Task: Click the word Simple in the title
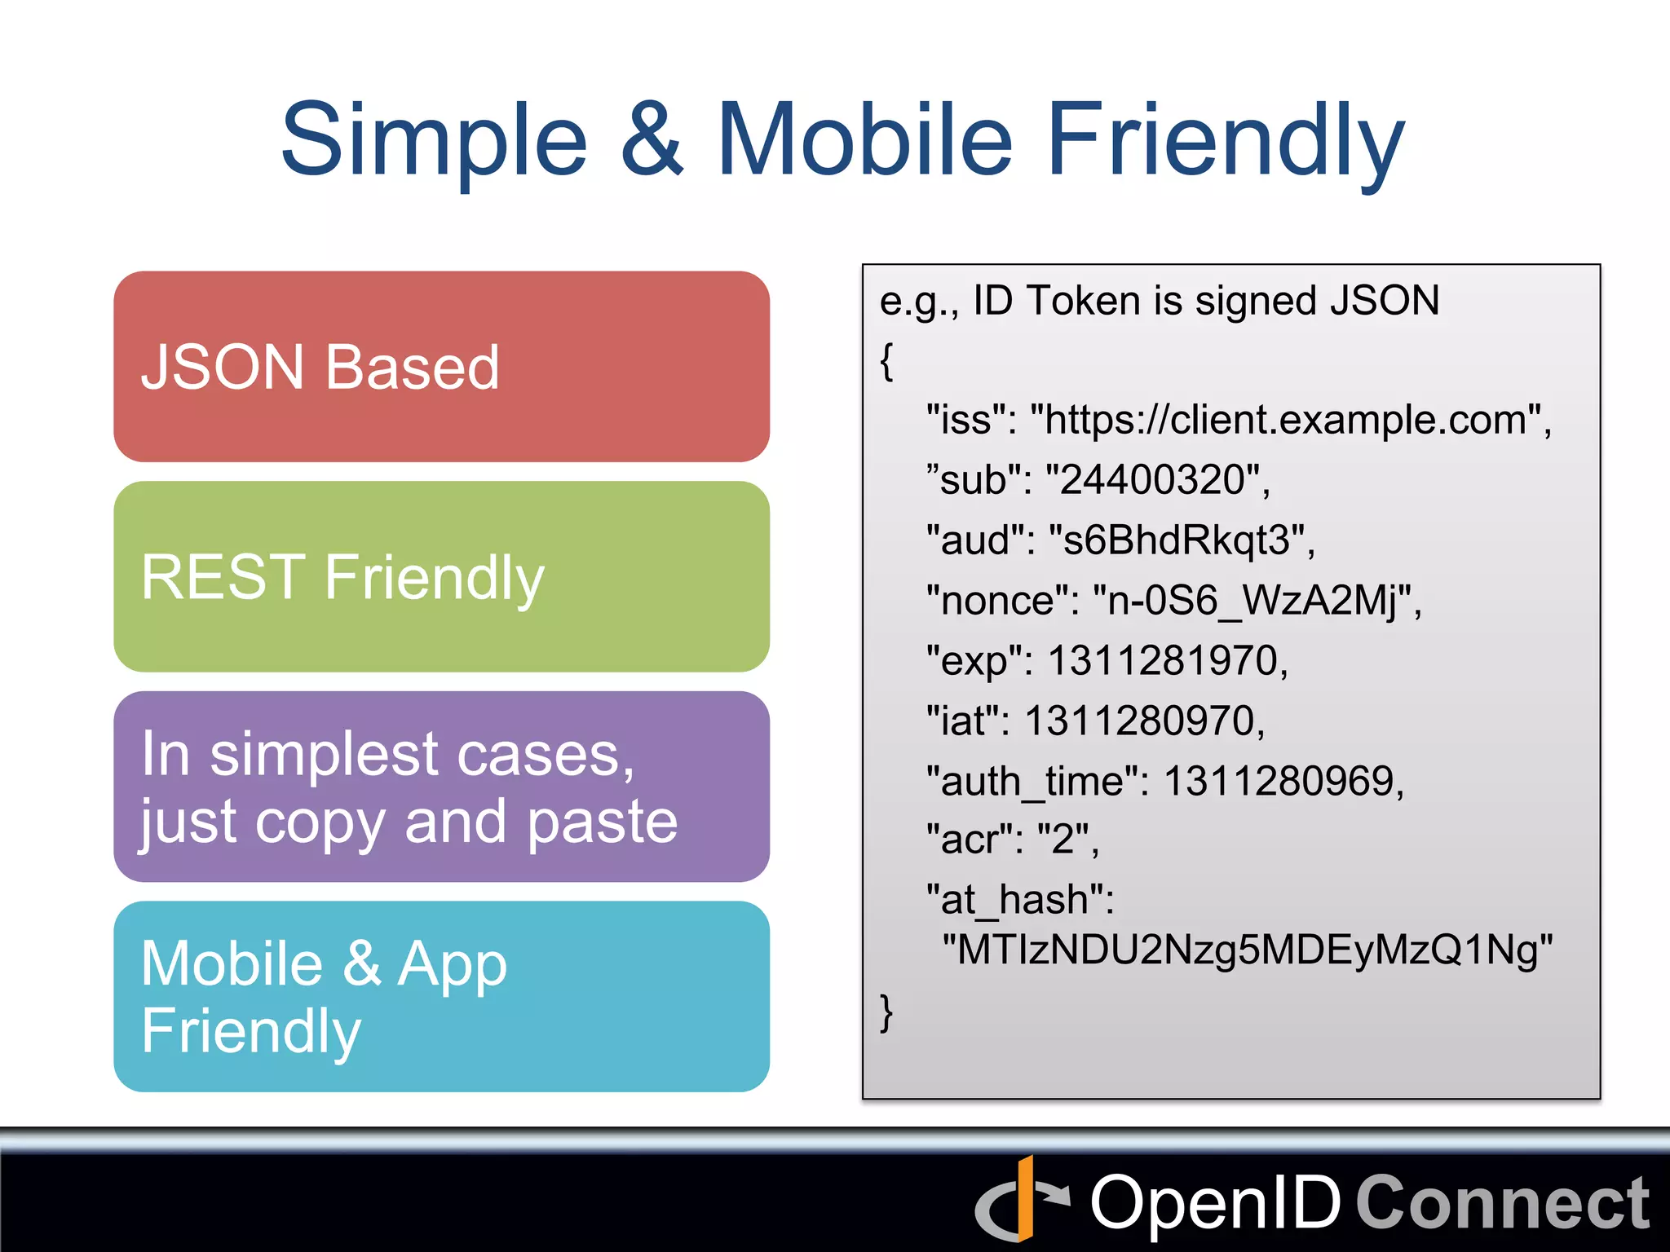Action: pyautogui.click(x=434, y=140)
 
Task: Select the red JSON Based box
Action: pyautogui.click(x=441, y=367)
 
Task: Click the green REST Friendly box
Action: pyautogui.click(x=441, y=576)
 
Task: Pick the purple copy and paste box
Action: pyautogui.click(x=441, y=787)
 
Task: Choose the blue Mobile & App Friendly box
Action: pyautogui.click(x=441, y=996)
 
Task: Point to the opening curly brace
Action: pyautogui.click(x=887, y=361)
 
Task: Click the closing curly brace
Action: pyautogui.click(x=887, y=1013)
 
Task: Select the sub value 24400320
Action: pyautogui.click(x=1154, y=480)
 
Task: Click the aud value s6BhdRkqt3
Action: pyautogui.click(x=1177, y=540)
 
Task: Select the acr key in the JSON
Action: pyautogui.click(x=970, y=840)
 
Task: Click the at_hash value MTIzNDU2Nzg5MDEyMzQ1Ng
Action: pyautogui.click(x=1247, y=950)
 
